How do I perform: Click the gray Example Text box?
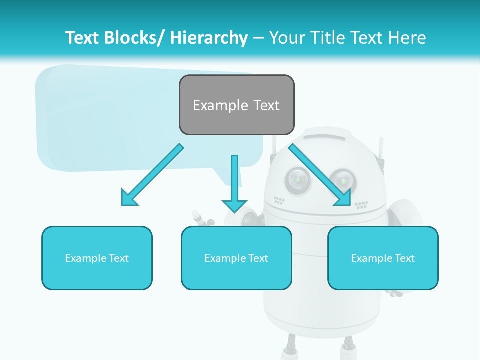tap(236, 105)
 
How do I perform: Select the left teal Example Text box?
tap(97, 258)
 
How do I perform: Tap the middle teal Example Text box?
tap(236, 258)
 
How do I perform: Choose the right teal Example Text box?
tap(383, 258)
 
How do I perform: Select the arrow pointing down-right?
tap(320, 175)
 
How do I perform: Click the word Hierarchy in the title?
tap(209, 38)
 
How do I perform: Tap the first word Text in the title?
tap(83, 38)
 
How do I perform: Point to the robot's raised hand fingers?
tap(200, 217)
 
